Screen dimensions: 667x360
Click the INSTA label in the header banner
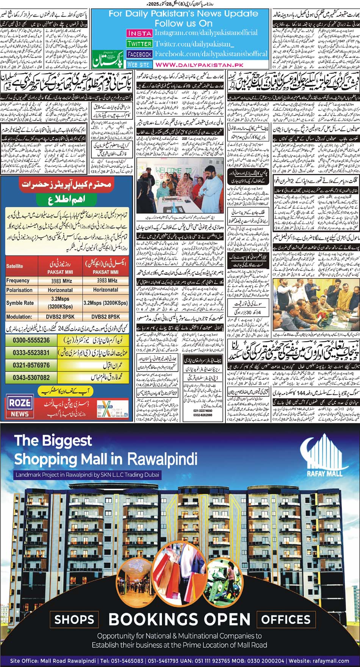tap(139, 33)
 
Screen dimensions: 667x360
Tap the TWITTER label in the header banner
tap(139, 44)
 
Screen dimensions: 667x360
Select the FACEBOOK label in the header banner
tap(139, 54)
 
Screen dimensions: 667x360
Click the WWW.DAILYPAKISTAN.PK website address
tap(199, 65)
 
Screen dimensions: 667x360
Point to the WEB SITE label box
tap(139, 65)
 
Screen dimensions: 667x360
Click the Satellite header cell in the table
tap(15, 266)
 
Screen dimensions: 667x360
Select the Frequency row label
tap(18, 280)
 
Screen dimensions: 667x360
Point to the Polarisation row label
tap(19, 290)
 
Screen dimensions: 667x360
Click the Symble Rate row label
tap(20, 303)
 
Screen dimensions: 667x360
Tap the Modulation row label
tap(19, 316)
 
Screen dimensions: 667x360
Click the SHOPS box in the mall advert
tap(74, 619)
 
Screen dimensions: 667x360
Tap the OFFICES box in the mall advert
tap(286, 619)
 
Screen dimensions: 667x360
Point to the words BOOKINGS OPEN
tap(180, 619)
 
